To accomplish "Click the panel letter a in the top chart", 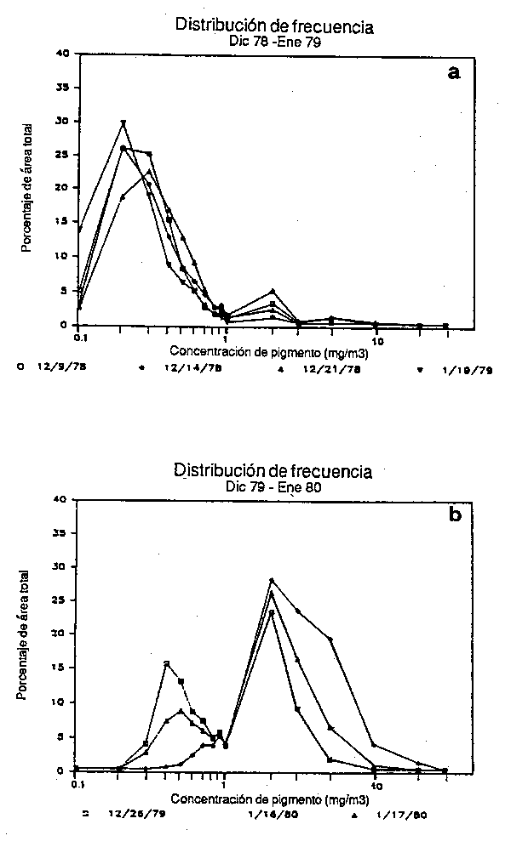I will click(x=454, y=73).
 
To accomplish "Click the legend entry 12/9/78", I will click(x=55, y=370).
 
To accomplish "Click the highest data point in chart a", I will click(x=123, y=122).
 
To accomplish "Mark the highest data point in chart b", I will click(x=272, y=581).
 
